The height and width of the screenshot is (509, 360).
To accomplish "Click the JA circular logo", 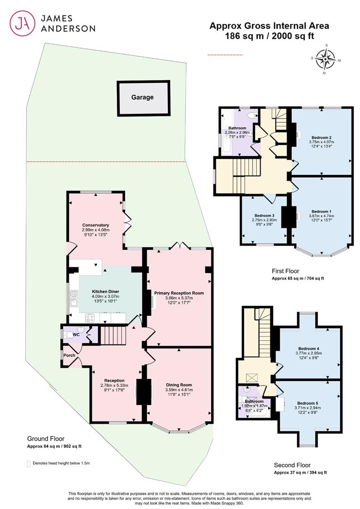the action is tap(22, 23).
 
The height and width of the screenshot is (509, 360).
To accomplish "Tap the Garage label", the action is tap(142, 97).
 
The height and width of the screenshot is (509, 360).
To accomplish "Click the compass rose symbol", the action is tap(326, 59).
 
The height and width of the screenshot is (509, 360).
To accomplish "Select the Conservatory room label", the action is tap(96, 225).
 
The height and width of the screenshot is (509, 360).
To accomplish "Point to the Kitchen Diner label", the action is tap(106, 292).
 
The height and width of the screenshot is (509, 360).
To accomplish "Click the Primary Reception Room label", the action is tap(179, 293).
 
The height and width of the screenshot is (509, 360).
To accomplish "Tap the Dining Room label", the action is tap(179, 385).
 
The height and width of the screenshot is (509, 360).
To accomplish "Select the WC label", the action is tap(76, 335).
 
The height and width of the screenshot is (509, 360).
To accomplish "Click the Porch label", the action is tap(69, 355).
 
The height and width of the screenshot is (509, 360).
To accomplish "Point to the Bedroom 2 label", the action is tap(321, 137).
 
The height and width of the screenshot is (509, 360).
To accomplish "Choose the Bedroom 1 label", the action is tap(321, 211).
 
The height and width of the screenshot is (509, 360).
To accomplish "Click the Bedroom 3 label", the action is tap(264, 215).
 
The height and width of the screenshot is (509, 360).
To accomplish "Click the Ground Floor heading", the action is tap(46, 439).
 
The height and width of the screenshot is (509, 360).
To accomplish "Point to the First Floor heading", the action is tap(286, 271).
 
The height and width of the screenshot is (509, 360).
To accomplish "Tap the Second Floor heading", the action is tap(292, 465).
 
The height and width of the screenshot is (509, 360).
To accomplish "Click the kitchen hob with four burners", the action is tap(90, 318).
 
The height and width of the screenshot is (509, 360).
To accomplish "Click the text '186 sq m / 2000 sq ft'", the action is tap(270, 36).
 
